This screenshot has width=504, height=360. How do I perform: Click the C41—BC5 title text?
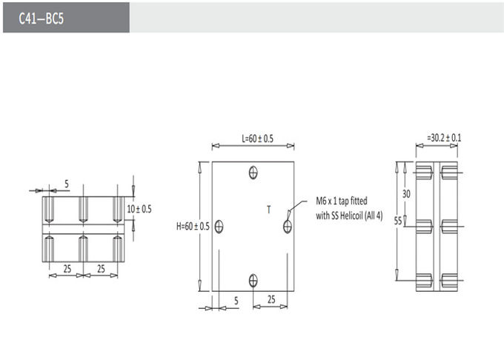click(42, 19)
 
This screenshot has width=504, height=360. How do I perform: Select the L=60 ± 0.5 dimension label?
click(257, 139)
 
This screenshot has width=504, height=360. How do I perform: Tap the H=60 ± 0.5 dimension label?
click(193, 227)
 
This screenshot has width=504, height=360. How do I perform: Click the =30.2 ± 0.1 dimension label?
click(444, 138)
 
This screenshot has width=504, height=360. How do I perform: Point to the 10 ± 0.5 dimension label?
click(139, 209)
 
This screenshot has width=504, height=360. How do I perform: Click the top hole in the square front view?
click(253, 173)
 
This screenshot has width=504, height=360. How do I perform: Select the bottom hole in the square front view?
click(253, 280)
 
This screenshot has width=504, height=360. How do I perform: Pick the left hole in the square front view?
click(219, 227)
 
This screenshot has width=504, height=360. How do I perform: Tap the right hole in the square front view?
click(288, 227)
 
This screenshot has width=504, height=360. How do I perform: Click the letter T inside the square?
click(269, 210)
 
